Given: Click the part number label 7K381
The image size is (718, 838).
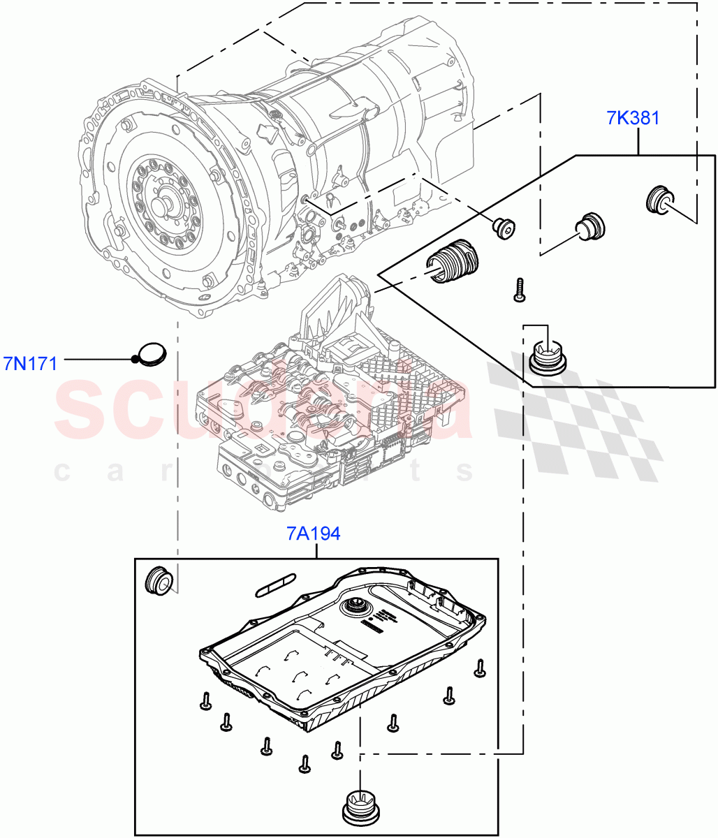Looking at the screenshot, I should (x=633, y=117).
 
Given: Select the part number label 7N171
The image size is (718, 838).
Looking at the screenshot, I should (x=31, y=362).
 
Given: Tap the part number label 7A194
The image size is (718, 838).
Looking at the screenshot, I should (x=313, y=534).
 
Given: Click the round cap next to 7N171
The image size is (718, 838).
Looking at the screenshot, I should (x=152, y=353).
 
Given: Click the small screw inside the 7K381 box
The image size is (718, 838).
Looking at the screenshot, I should (x=518, y=290).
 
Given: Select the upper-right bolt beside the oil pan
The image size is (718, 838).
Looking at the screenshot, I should (x=481, y=668).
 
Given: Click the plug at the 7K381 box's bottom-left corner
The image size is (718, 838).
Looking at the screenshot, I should (x=548, y=353).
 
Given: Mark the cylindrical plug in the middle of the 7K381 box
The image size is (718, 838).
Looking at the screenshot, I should (x=589, y=226).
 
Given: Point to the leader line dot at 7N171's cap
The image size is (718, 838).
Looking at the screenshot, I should (x=134, y=360).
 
